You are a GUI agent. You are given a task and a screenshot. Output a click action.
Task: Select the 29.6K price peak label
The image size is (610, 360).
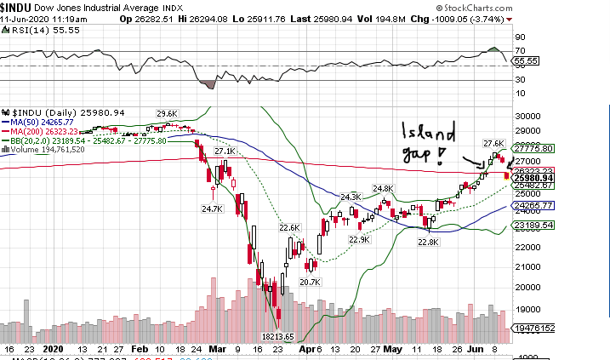[167, 113]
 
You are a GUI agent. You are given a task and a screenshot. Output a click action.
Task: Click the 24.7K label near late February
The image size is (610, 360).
[211, 208]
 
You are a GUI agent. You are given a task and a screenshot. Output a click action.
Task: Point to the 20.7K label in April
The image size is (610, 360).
[310, 282]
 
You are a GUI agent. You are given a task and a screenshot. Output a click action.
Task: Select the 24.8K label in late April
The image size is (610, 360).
[383, 189]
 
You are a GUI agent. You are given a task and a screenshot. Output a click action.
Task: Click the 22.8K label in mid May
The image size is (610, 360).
[429, 242]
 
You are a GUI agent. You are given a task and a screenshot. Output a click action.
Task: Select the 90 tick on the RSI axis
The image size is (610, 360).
[519, 38]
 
